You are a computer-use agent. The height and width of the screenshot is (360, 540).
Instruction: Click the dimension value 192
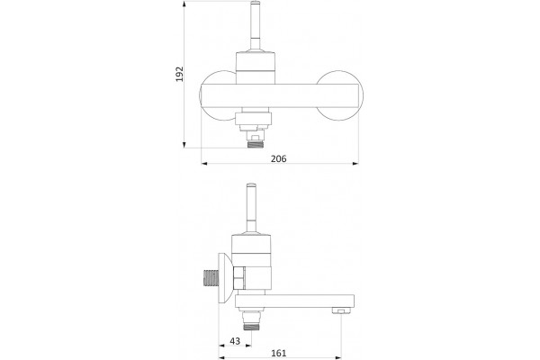point(180,74)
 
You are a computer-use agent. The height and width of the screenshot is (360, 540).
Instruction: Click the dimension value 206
point(279,158)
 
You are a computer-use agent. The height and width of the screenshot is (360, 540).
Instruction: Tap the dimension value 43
point(235,341)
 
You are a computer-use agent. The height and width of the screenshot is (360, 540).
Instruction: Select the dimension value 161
point(279,353)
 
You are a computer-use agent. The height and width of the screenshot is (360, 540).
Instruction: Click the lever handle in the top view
point(256,26)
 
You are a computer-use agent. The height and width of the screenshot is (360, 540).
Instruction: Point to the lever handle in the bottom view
point(251,209)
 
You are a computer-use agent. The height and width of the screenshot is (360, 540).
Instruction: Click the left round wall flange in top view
point(218,95)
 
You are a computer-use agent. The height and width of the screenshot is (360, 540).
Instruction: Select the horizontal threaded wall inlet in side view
point(210,279)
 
